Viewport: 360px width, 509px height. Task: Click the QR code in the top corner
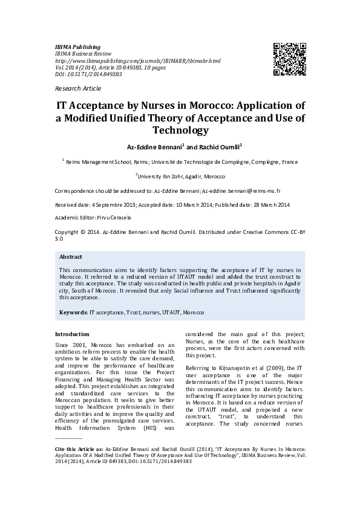[289, 59]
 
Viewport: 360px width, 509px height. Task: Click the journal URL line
[138, 60]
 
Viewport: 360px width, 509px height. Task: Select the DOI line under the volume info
[88, 74]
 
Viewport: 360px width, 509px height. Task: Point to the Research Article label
[78, 88]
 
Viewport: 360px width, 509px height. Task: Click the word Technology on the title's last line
[180, 130]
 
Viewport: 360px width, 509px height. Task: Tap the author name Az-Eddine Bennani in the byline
[150, 147]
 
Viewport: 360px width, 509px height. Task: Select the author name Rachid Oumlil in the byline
[220, 147]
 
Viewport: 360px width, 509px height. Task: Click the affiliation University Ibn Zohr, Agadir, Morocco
[182, 176]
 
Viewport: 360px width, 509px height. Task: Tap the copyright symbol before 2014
[83, 232]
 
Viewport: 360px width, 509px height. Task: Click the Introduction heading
[72, 334]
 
